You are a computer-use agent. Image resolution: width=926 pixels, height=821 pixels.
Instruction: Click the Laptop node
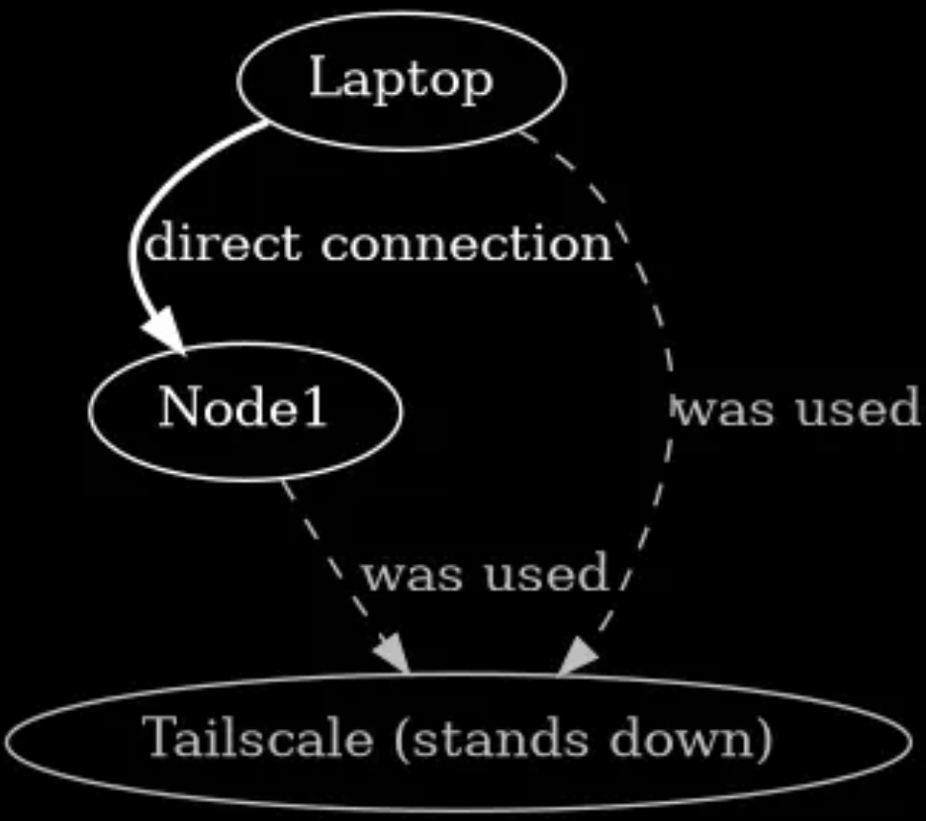tap(401, 80)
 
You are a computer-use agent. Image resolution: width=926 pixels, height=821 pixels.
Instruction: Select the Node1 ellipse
tap(245, 410)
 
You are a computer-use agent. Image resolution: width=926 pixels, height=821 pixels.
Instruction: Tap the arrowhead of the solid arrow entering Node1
tap(166, 330)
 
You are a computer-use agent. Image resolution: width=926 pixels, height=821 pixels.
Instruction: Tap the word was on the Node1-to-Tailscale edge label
tap(409, 574)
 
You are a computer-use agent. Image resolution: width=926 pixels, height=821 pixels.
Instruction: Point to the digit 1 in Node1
tap(314, 410)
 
